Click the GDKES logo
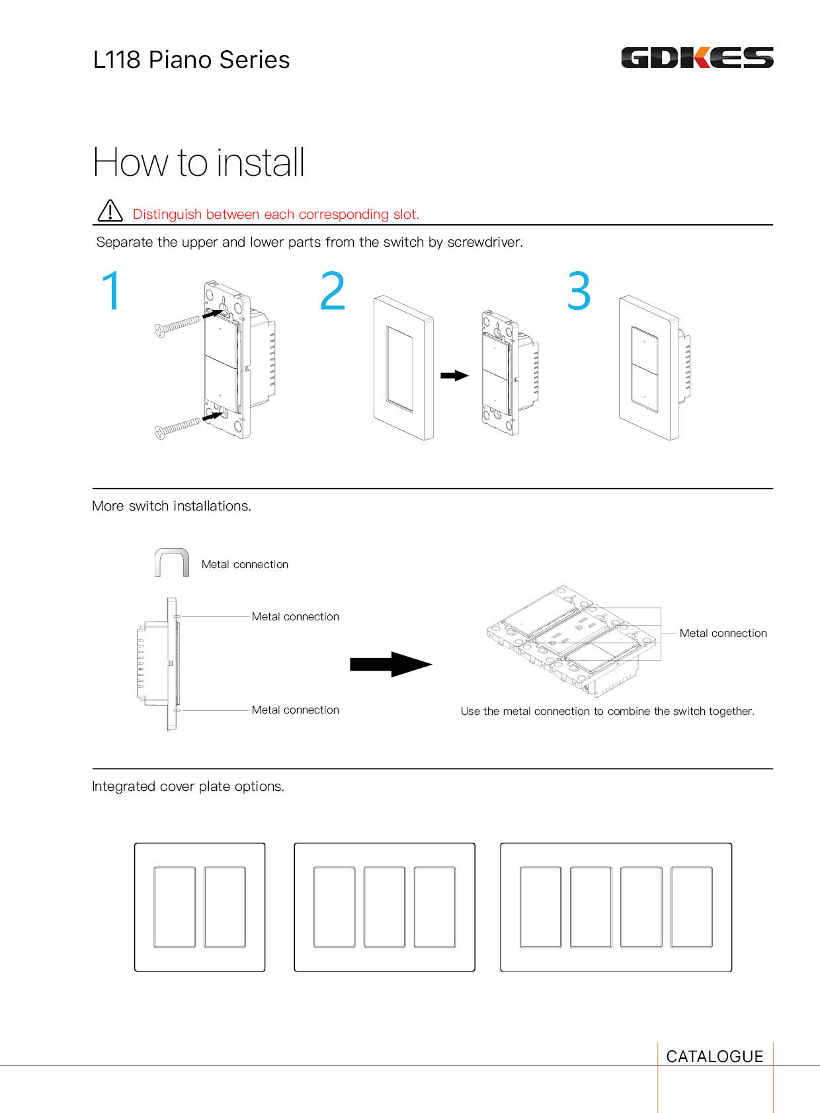point(697,57)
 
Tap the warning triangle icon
point(110,210)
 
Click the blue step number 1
point(111,290)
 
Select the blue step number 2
point(332,290)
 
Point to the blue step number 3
point(579,290)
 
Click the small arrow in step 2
point(454,376)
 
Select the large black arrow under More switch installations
point(391,664)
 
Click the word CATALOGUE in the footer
point(714,1056)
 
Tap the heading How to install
point(198,163)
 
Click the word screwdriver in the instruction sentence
point(485,242)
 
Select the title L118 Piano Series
point(191,60)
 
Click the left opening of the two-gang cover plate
point(175,907)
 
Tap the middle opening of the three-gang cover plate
point(384,907)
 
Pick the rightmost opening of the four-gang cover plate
point(691,907)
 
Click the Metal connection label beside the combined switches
point(723,633)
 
